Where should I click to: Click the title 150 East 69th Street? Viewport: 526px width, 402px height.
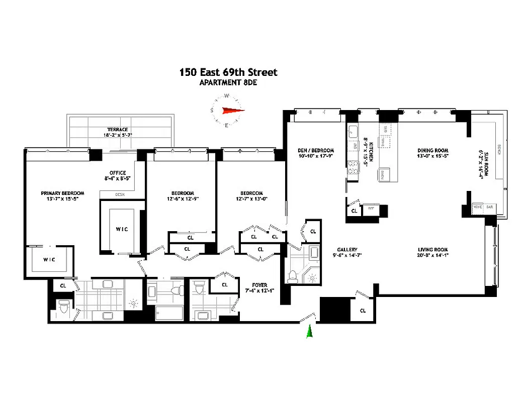click(228, 72)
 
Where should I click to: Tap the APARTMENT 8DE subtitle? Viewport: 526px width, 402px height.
click(228, 82)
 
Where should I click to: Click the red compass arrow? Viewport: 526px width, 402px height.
click(232, 111)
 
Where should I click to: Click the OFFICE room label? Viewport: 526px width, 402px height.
click(118, 173)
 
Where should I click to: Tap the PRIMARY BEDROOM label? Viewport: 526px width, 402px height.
click(62, 193)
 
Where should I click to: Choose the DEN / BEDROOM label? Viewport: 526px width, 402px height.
click(316, 150)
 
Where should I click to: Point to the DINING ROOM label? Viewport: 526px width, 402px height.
click(433, 150)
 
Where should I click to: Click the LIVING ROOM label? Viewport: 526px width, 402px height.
click(432, 250)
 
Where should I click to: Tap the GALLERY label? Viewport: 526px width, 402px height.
click(347, 250)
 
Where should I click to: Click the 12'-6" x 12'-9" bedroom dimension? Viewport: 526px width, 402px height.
click(182, 199)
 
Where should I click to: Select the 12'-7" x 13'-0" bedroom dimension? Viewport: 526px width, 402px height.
click(251, 199)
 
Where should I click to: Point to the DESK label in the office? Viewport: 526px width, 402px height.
click(120, 194)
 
